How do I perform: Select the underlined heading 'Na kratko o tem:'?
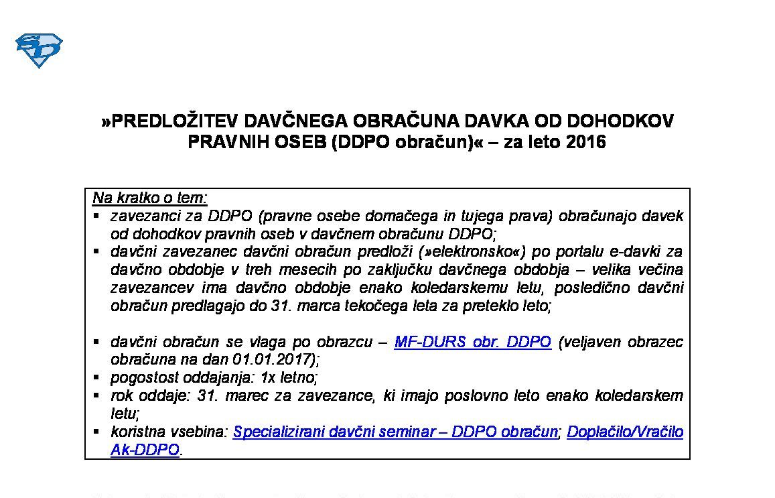[150, 198]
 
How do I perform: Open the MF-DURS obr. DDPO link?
[472, 343]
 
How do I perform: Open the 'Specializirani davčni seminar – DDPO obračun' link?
[395, 432]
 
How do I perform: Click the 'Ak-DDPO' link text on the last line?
[145, 450]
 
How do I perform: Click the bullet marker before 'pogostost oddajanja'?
[96, 377]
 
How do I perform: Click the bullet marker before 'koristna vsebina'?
[96, 431]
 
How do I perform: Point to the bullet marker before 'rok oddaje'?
[96, 395]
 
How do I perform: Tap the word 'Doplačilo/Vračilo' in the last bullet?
[625, 432]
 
